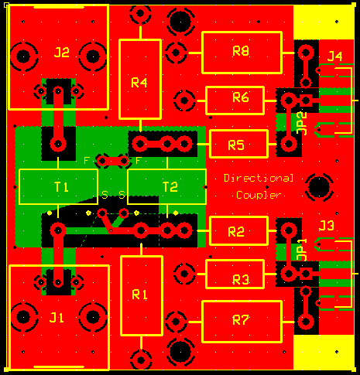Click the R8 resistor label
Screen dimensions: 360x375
pos(241,51)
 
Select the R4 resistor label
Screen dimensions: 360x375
pos(139,83)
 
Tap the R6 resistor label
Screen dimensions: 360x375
pos(241,97)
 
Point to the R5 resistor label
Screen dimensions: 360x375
pos(236,145)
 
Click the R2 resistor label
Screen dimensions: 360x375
pos(236,232)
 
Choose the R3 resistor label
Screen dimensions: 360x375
pos(241,280)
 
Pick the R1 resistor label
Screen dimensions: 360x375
pos(139,295)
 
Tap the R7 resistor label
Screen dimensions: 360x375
pos(241,320)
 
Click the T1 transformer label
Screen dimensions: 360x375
pos(61,187)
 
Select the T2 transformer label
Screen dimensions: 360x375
pos(170,187)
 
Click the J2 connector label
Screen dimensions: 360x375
pos(62,53)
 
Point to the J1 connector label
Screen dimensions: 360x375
pos(57,318)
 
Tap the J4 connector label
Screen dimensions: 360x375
pos(334,56)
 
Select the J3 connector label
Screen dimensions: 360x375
pos(326,226)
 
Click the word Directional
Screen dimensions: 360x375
pos(259,178)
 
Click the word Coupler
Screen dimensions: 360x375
pos(259,195)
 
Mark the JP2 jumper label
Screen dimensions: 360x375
pos(302,123)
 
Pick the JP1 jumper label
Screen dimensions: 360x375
pos(302,250)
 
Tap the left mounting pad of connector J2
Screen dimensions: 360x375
pos(23,56)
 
